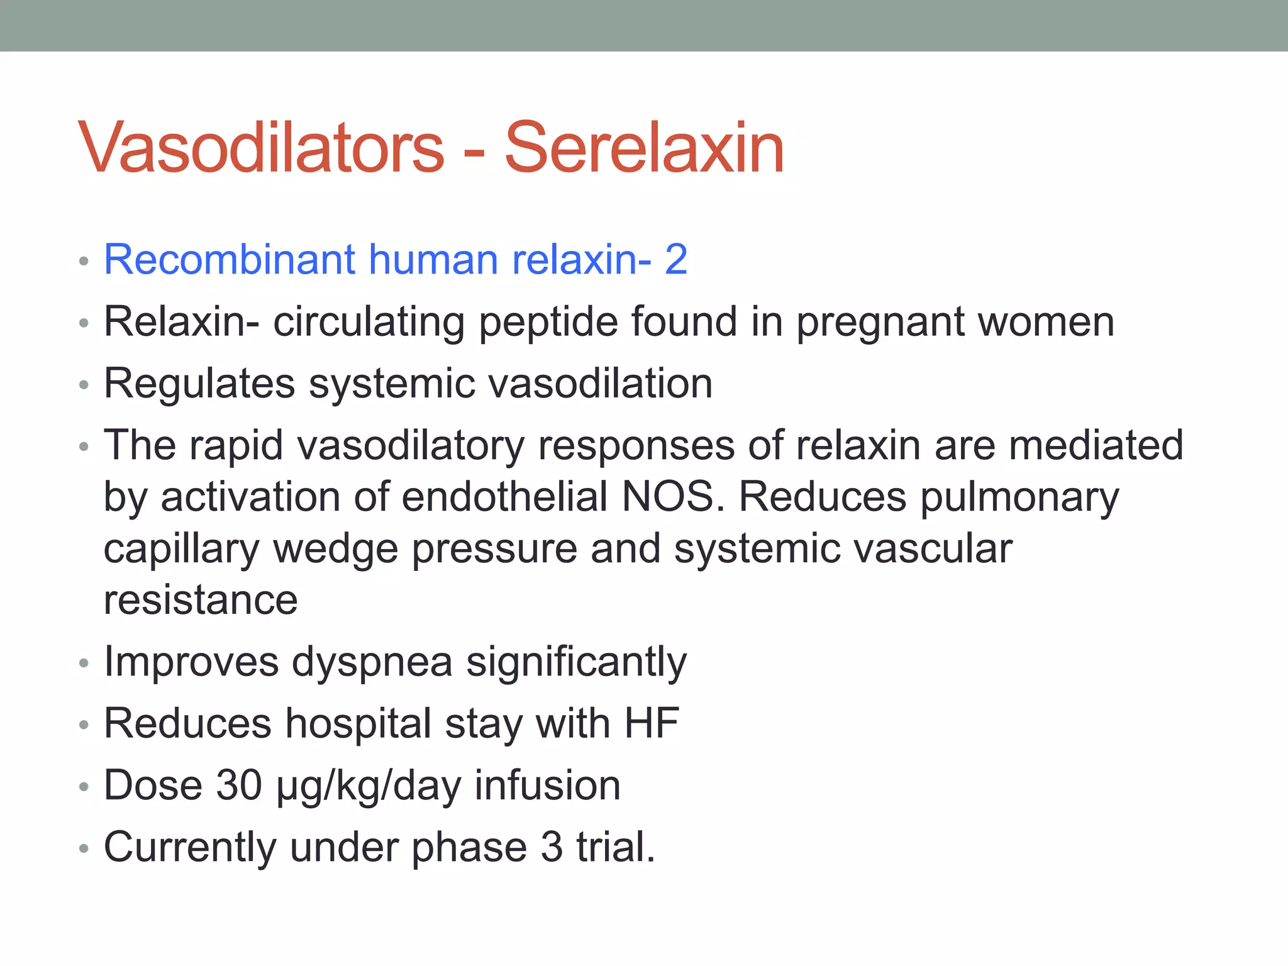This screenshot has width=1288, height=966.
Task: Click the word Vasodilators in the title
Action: [261, 148]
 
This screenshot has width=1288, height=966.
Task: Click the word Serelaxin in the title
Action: [644, 148]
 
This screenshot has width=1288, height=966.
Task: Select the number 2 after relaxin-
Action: [676, 259]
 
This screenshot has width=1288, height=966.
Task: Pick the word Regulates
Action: [199, 384]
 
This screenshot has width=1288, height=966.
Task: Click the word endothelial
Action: [505, 497]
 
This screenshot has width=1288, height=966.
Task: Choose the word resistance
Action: [201, 600]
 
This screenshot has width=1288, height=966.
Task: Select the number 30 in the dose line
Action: [239, 786]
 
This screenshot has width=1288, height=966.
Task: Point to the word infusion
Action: [547, 786]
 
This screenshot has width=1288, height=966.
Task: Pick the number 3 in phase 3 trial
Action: [552, 847]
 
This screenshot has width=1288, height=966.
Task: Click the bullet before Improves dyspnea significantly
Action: [84, 663]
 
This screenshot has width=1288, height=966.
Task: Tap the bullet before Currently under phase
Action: [84, 849]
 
